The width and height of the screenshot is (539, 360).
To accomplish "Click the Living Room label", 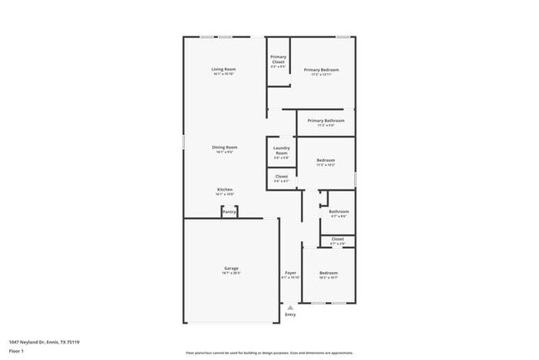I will coord(224,69).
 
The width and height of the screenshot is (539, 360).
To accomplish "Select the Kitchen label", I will coord(225,190).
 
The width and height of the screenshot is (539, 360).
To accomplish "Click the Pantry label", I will coord(228,212).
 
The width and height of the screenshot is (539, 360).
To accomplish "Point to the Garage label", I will coord(231,268).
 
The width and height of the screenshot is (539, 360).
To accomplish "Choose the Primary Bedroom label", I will coord(321,70).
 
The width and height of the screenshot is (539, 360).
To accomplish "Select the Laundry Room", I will coord(282,153).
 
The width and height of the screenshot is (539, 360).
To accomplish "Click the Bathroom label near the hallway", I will coord(338,212).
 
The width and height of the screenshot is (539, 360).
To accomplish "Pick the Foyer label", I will coord(290,272).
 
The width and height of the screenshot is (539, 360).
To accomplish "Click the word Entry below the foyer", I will coord(290,314).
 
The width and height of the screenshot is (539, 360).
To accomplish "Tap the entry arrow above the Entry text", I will coord(290,306).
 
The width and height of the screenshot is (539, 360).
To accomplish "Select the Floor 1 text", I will coord(17,350).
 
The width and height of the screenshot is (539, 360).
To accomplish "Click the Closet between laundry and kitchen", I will coord(282,177).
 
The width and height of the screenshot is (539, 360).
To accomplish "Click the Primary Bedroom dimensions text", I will coord(321,75).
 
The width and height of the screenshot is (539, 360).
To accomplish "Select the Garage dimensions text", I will coord(231,273).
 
